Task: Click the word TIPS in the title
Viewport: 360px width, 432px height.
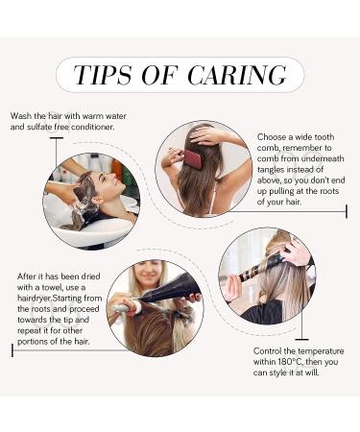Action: [103, 75]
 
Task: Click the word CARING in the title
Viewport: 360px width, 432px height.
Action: [237, 75]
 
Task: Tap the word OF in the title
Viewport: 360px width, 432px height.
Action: [159, 75]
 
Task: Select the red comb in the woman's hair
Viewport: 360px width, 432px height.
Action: [195, 158]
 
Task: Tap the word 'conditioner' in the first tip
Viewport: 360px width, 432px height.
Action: [93, 127]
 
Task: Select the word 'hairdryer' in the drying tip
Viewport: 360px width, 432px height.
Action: [35, 299]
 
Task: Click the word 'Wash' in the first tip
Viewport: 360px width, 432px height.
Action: [21, 116]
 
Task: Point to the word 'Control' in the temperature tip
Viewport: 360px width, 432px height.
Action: [267, 351]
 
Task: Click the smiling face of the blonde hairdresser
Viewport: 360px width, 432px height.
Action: [150, 272]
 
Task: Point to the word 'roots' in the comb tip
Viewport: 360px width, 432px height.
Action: [328, 191]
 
